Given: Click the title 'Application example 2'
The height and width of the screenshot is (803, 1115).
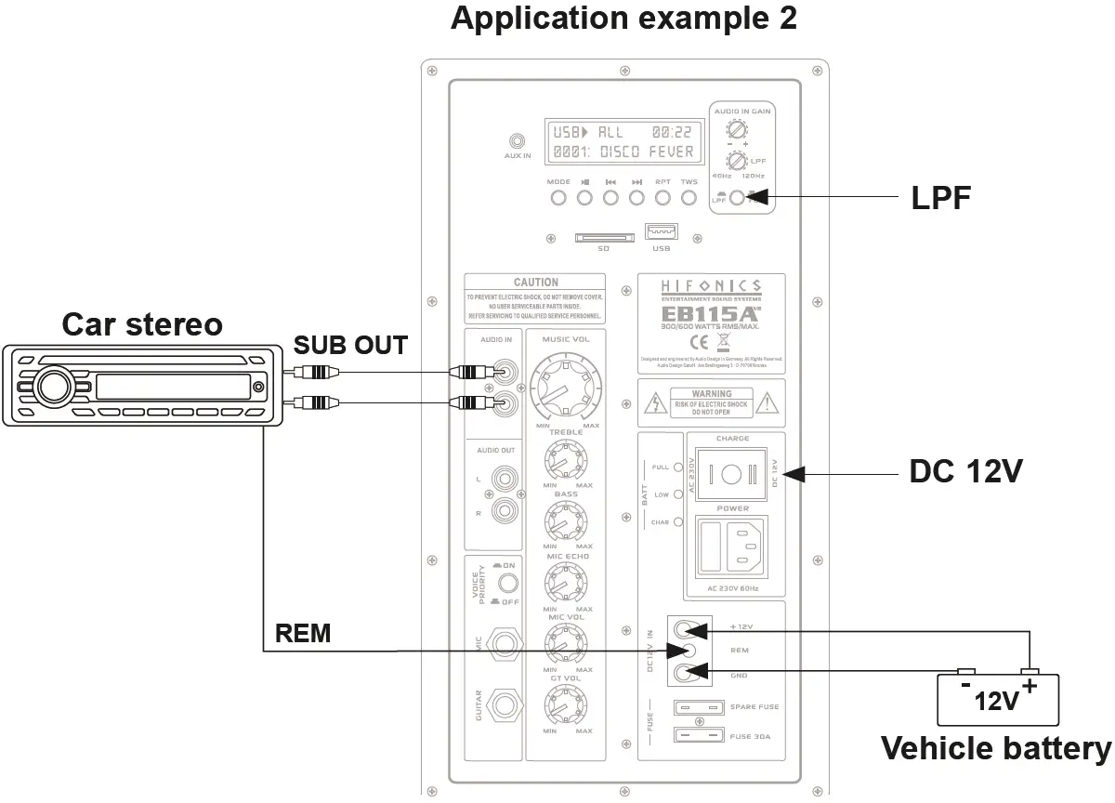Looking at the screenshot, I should pyautogui.click(x=623, y=18).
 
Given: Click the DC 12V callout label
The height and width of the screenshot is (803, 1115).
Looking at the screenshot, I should pyautogui.click(x=965, y=472).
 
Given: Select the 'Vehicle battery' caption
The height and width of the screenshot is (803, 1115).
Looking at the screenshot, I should pyautogui.click(x=995, y=748).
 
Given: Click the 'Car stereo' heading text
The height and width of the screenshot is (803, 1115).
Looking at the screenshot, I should pyautogui.click(x=142, y=324).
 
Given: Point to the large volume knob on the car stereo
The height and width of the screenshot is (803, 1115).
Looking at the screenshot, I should pyautogui.click(x=53, y=385).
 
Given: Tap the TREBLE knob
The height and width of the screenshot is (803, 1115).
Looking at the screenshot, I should pyautogui.click(x=566, y=459).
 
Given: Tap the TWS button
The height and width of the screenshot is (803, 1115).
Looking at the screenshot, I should pyautogui.click(x=689, y=197).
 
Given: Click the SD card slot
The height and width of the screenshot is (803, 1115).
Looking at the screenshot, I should pyautogui.click(x=603, y=239).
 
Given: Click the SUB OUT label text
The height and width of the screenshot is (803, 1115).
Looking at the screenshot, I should pyautogui.click(x=350, y=346).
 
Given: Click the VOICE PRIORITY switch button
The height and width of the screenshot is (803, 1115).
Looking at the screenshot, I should pyautogui.click(x=507, y=584).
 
